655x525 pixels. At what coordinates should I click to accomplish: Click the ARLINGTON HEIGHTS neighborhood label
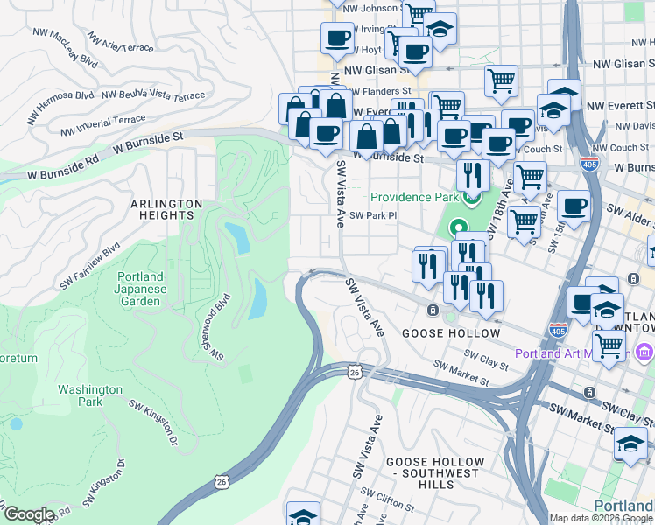pyautogui.click(x=166, y=209)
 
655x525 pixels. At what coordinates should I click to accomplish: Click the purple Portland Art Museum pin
pyautogui.click(x=644, y=353)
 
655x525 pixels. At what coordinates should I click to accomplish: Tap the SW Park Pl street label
pyautogui.click(x=374, y=215)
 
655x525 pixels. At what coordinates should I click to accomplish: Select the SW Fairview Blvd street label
pyautogui.click(x=88, y=267)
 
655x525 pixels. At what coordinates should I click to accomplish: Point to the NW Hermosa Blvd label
pyautogui.click(x=60, y=94)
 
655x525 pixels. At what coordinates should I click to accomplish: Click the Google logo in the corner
pyautogui.click(x=29, y=514)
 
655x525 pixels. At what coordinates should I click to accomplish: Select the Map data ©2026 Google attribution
pyautogui.click(x=601, y=518)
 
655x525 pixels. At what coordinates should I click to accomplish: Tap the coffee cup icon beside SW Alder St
pyautogui.click(x=574, y=206)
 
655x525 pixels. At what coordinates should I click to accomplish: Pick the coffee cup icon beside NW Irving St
pyautogui.click(x=337, y=38)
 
